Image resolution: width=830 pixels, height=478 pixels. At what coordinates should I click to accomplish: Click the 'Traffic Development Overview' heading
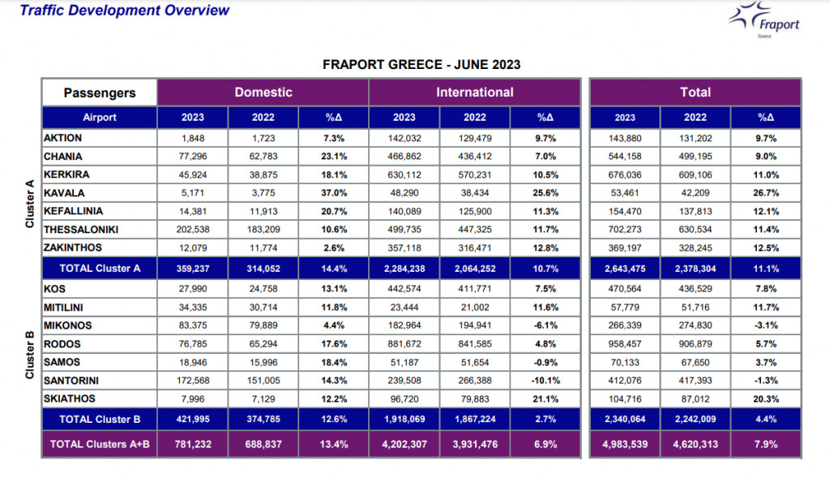(x=124, y=11)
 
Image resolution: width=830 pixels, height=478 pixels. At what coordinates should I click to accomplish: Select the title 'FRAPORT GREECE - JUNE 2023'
(x=421, y=64)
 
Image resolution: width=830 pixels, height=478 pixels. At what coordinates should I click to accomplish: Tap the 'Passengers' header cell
(x=99, y=93)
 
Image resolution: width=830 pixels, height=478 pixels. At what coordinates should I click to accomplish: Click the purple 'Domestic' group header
(x=263, y=93)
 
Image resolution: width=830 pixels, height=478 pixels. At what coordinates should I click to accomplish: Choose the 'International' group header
(x=474, y=93)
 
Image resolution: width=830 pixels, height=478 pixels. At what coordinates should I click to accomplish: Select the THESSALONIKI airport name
(x=81, y=230)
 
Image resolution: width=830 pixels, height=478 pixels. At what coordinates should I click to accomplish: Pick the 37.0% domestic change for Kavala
(x=333, y=193)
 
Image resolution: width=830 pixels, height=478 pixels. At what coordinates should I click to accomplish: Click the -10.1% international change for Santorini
(x=545, y=380)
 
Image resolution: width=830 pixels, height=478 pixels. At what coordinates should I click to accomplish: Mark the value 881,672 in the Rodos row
(x=404, y=343)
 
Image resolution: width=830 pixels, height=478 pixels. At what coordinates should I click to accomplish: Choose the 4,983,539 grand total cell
(x=625, y=444)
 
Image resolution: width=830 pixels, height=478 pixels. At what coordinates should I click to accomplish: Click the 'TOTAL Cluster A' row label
(x=99, y=269)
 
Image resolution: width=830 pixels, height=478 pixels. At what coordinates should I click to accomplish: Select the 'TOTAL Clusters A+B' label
(x=99, y=444)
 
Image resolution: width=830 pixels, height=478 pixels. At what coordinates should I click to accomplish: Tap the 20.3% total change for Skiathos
(x=766, y=398)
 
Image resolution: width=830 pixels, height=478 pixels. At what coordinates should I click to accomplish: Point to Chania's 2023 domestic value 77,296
(x=193, y=157)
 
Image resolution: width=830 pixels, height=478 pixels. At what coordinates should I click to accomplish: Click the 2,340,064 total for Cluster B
(x=625, y=419)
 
